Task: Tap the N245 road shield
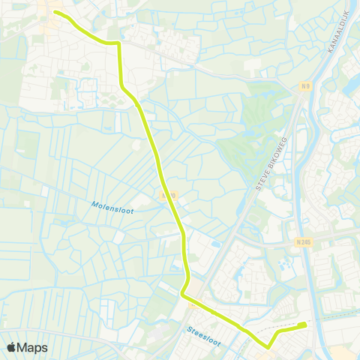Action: coord(303,241)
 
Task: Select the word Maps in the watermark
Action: coord(33,347)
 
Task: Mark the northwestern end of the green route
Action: coord(55,12)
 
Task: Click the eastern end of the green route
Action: coord(304,325)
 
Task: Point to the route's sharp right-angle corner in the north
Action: coord(118,44)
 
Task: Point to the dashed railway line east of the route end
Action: coord(330,319)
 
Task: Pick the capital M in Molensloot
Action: coord(95,202)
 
